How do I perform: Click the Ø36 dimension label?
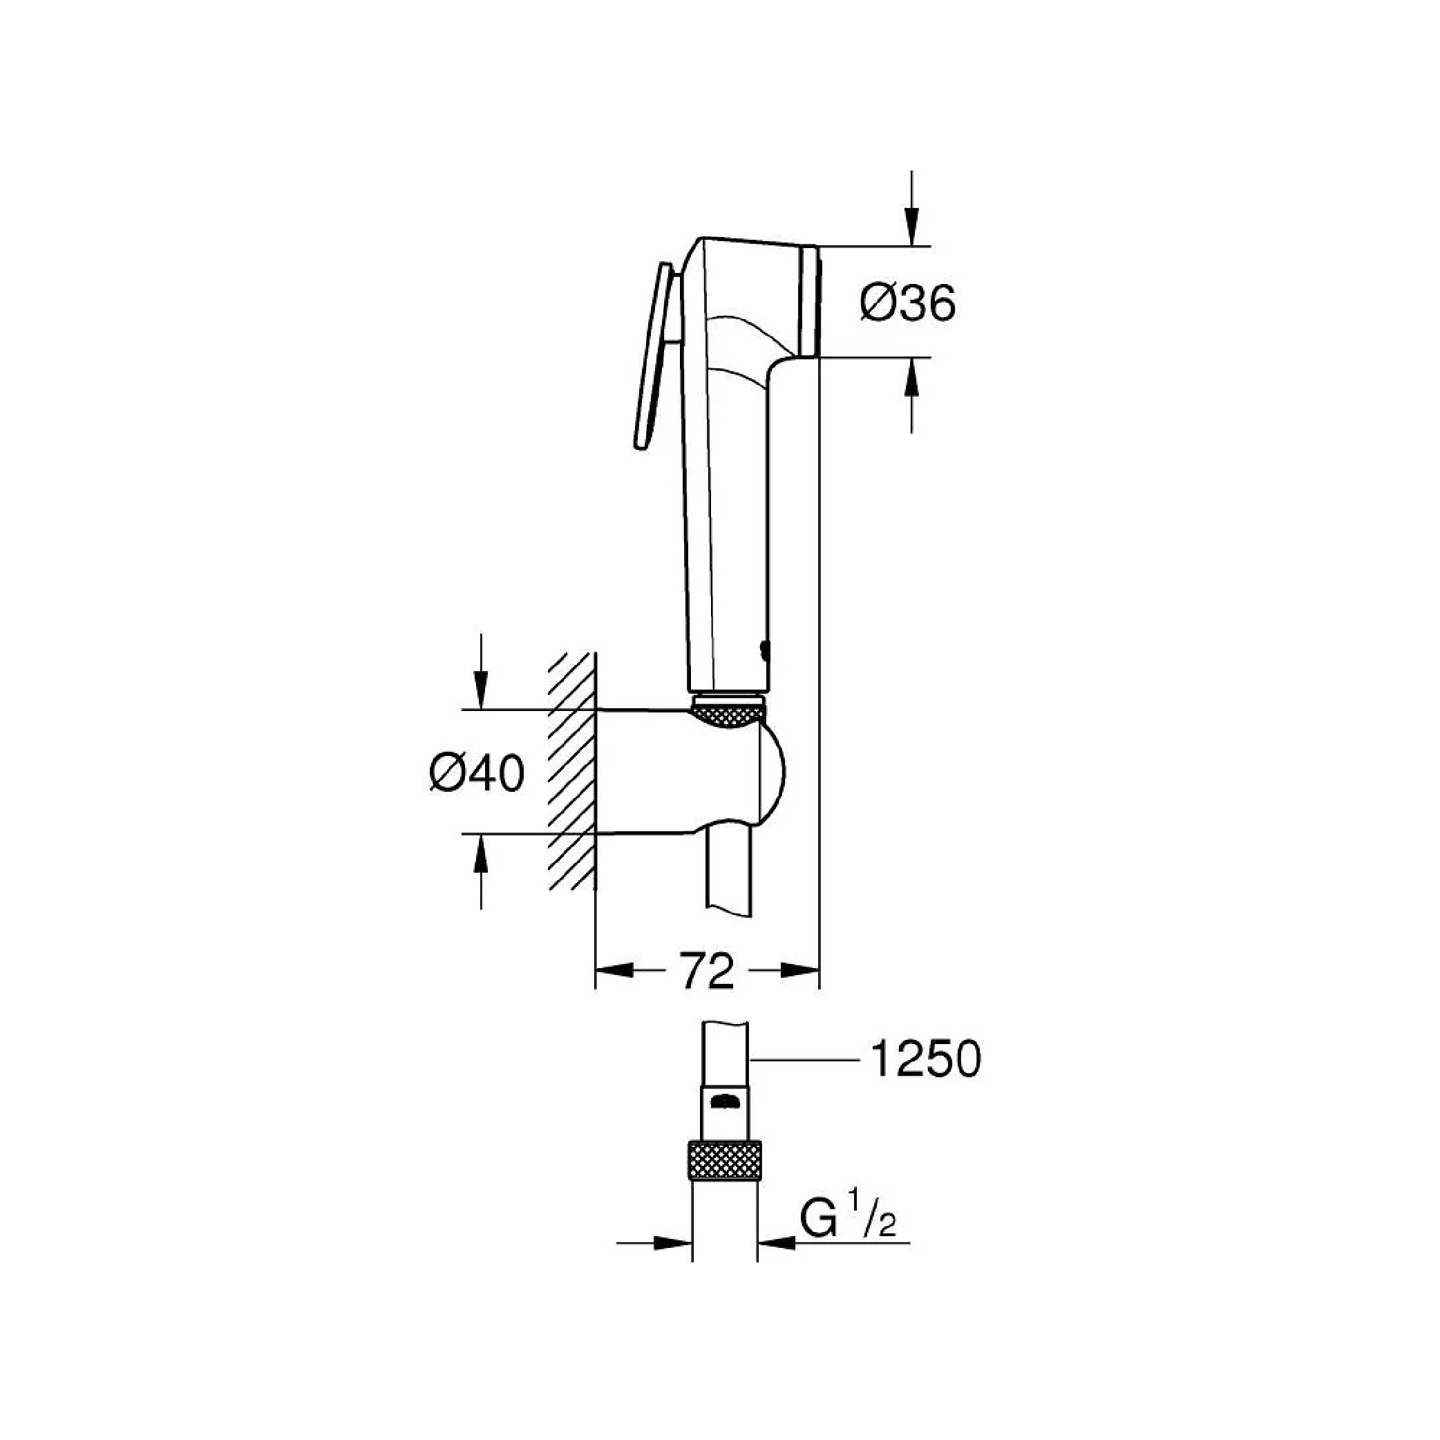click(907, 303)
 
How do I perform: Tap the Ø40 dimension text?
click(477, 773)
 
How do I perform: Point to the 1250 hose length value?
click(925, 1059)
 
